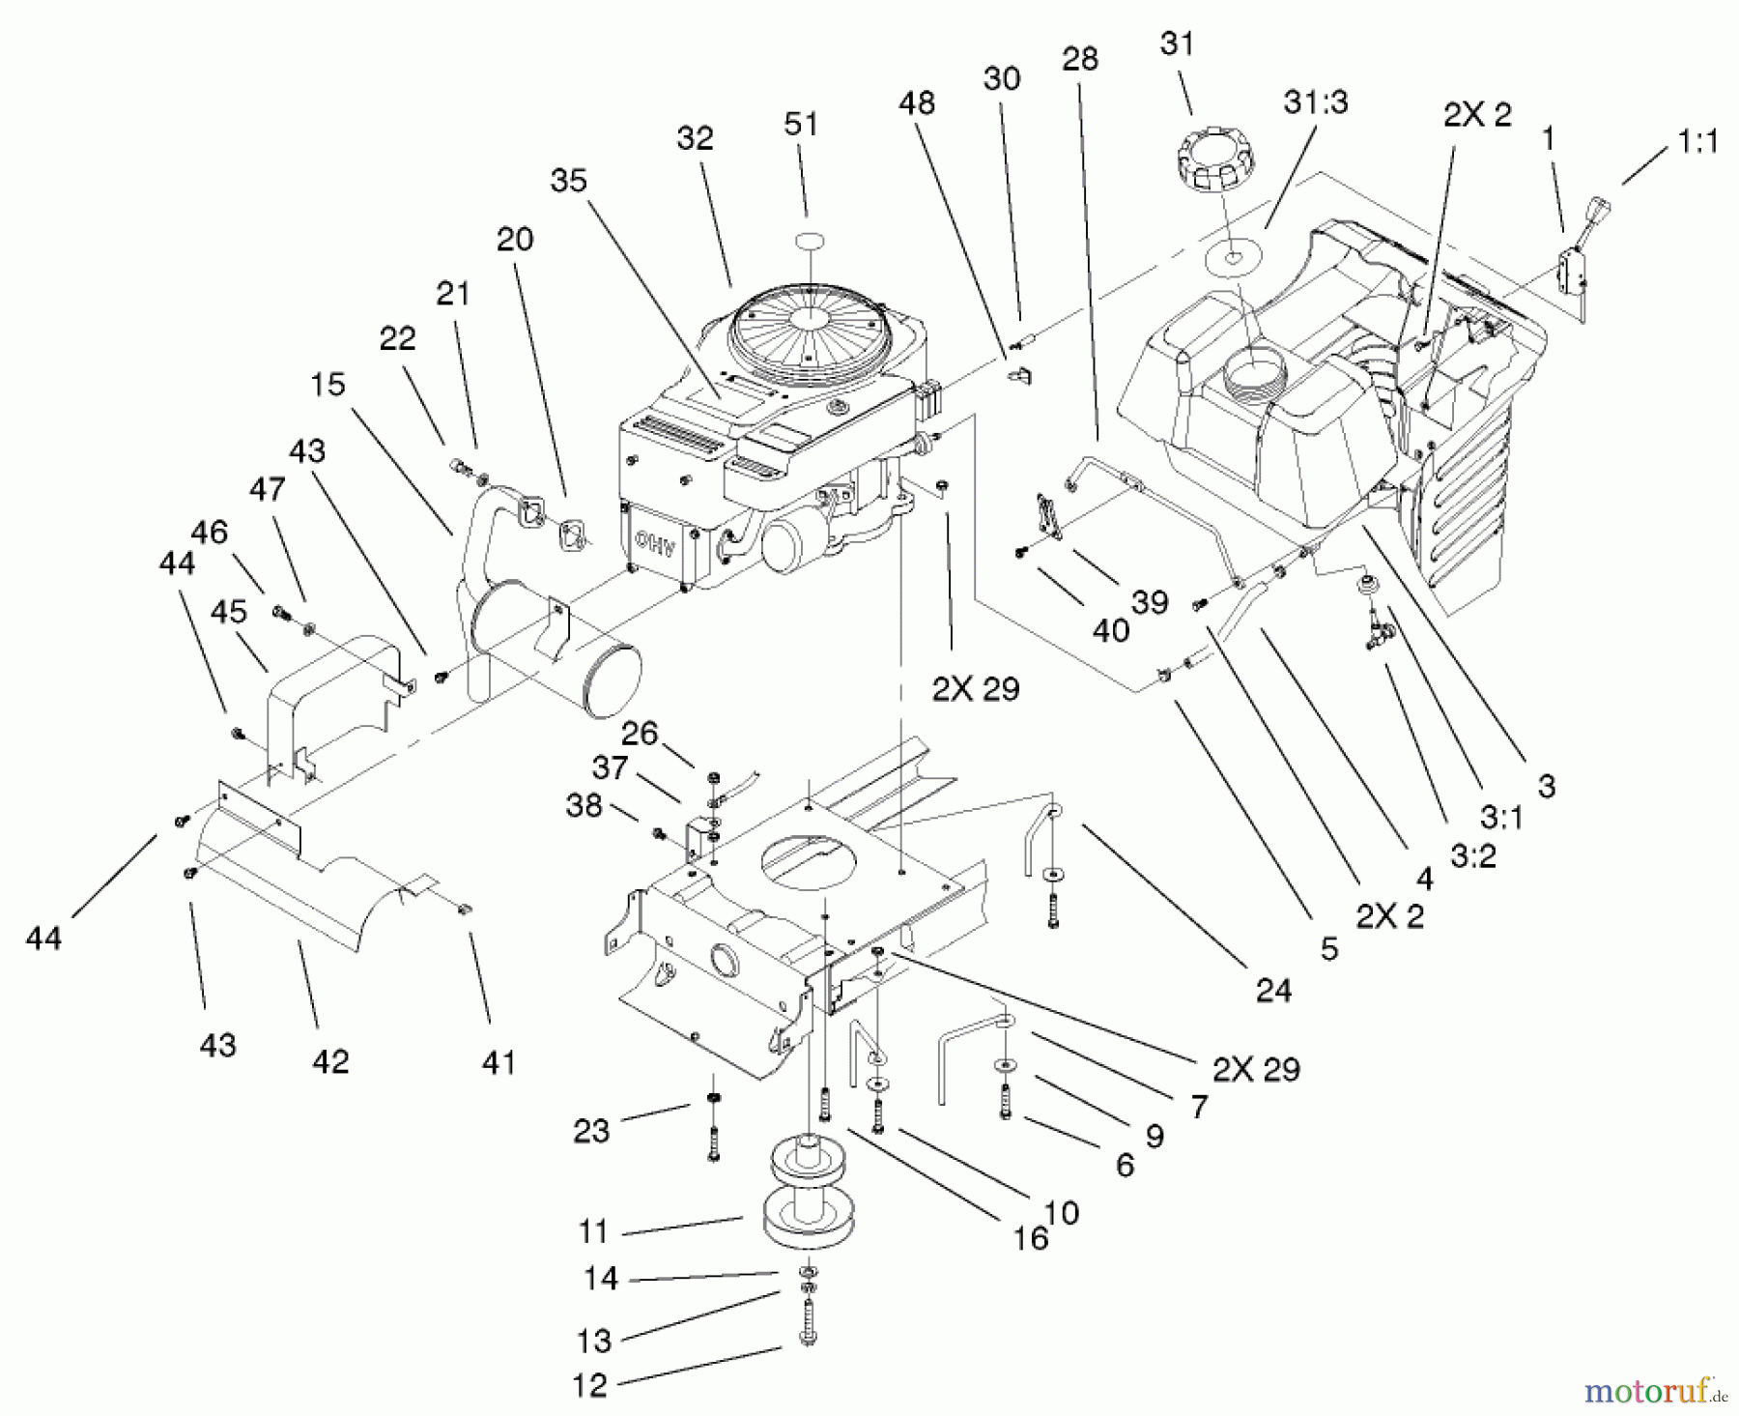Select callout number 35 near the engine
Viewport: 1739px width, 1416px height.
pos(569,180)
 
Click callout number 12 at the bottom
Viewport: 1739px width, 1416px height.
pos(589,1385)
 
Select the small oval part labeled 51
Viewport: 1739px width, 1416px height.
pos(803,241)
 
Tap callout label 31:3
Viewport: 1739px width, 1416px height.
pos(1315,101)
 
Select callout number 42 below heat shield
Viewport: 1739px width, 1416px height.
pos(329,1061)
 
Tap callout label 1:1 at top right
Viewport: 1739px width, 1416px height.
pos(1697,142)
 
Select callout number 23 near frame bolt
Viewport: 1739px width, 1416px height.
pos(591,1130)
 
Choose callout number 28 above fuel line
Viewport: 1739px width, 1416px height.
pos(1079,59)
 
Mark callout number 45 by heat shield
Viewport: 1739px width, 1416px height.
pos(228,612)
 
